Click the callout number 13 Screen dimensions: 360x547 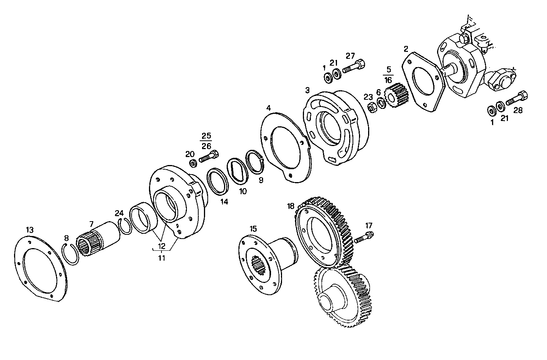pos(30,230)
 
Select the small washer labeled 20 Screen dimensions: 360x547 pos(193,163)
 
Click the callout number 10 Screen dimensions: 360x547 pos(243,191)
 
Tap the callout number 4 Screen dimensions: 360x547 pos(268,108)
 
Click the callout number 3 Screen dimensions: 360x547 pos(307,90)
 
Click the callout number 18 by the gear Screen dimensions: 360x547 pos(291,206)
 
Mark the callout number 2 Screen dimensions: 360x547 pos(406,49)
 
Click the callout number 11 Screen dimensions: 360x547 pos(161,258)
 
